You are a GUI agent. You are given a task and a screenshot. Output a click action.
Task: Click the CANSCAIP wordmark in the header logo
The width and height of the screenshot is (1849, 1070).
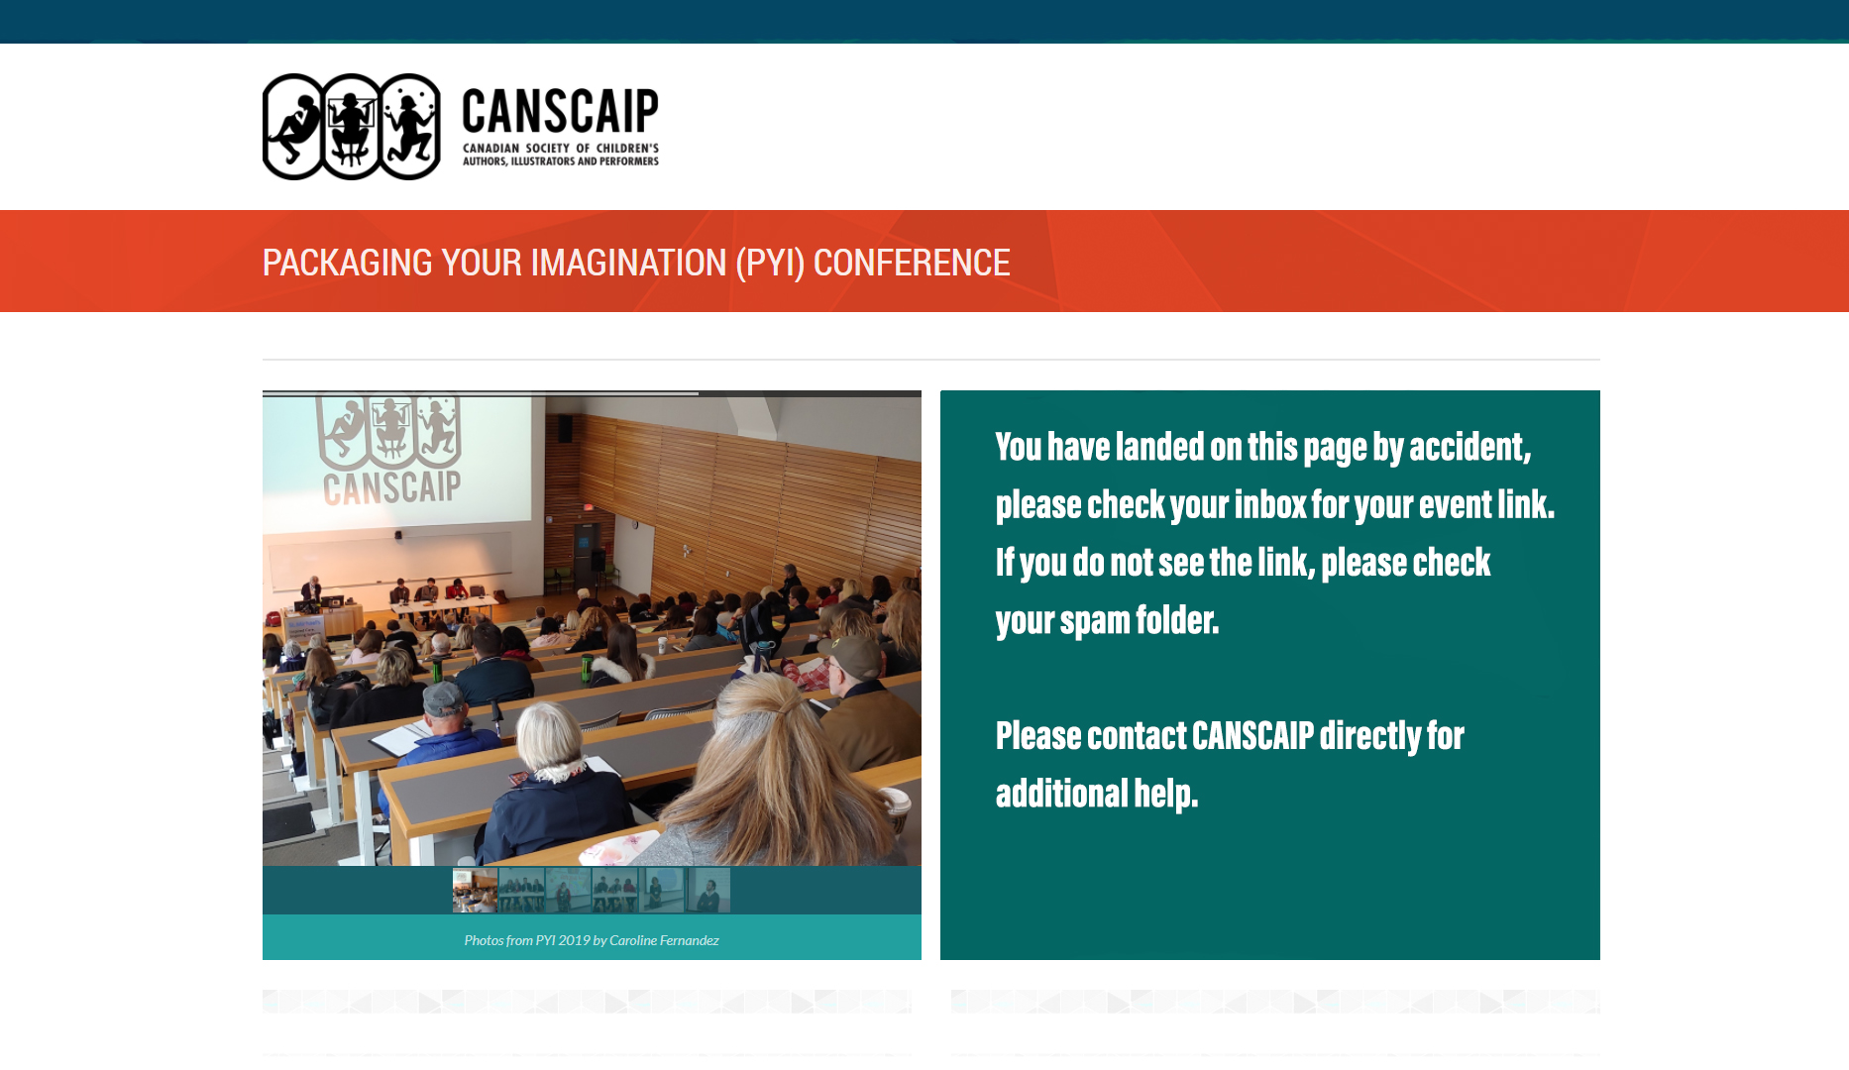560,111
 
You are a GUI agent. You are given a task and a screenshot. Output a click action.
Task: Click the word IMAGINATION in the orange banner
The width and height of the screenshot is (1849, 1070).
629,263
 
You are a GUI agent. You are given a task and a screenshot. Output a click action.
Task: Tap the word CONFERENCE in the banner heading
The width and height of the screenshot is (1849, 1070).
912,263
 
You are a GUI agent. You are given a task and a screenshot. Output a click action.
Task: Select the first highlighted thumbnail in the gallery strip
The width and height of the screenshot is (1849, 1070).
475,890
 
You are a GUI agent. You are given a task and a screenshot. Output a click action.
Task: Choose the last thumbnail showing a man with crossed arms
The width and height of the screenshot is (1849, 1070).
707,890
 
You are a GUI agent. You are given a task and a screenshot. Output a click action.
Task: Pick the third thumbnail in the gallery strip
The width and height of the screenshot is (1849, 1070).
568,890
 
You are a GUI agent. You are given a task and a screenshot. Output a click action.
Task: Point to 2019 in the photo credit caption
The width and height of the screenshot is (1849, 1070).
574,940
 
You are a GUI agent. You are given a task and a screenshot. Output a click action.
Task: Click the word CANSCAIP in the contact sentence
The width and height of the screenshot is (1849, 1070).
1252,736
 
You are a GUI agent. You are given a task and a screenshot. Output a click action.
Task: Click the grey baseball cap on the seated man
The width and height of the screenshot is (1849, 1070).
443,697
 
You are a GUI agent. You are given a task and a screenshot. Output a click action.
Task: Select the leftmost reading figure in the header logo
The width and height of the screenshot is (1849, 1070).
293,127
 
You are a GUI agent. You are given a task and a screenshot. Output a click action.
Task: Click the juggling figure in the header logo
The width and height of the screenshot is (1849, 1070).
410,127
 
